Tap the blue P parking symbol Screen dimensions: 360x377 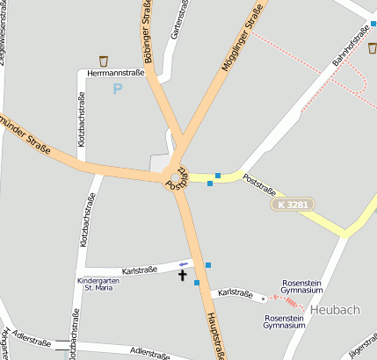[118, 89]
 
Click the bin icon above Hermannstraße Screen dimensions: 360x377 [104, 61]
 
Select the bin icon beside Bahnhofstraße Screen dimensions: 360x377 [372, 48]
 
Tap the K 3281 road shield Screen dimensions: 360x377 [292, 205]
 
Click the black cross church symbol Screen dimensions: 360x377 [183, 276]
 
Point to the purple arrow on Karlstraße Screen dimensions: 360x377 [183, 263]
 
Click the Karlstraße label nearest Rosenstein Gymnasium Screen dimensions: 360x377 [236, 292]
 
